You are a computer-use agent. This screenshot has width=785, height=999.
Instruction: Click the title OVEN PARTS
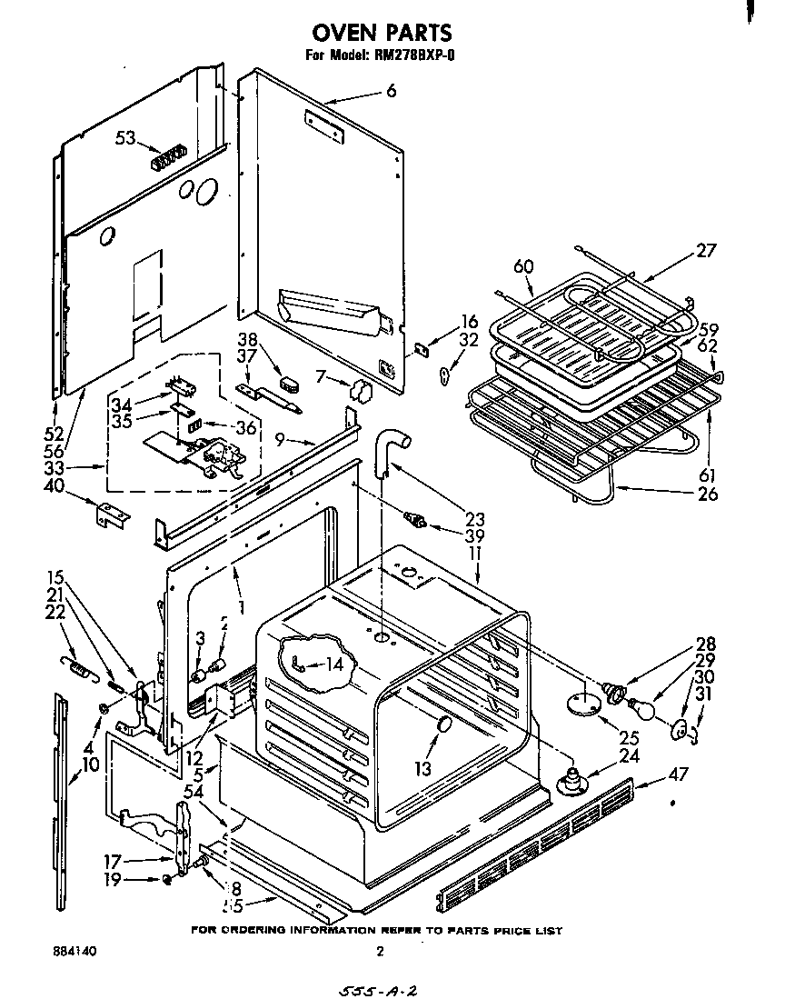(x=382, y=34)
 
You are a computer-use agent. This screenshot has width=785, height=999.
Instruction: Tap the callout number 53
(x=125, y=138)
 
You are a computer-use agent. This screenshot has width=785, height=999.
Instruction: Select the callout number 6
(x=391, y=91)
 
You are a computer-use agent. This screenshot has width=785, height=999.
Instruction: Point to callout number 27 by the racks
(x=706, y=252)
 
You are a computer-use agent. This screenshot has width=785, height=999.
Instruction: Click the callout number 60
(x=523, y=266)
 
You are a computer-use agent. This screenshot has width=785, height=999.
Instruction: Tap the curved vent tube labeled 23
(x=390, y=450)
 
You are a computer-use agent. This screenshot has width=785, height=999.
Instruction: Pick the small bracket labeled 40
(x=114, y=514)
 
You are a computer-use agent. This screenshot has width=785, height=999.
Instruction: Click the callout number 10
(x=90, y=765)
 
